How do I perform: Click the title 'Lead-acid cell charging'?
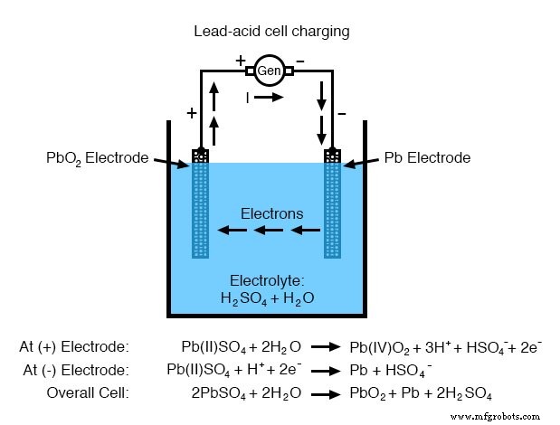tap(271, 32)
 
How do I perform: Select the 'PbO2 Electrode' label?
tap(97, 157)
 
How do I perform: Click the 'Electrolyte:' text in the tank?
tap(266, 280)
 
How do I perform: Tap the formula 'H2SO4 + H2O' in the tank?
tap(266, 297)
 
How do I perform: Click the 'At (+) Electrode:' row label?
tap(75, 346)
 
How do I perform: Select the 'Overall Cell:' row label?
tap(88, 393)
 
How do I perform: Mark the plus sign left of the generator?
tap(240, 60)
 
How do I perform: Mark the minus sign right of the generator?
tap(299, 60)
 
